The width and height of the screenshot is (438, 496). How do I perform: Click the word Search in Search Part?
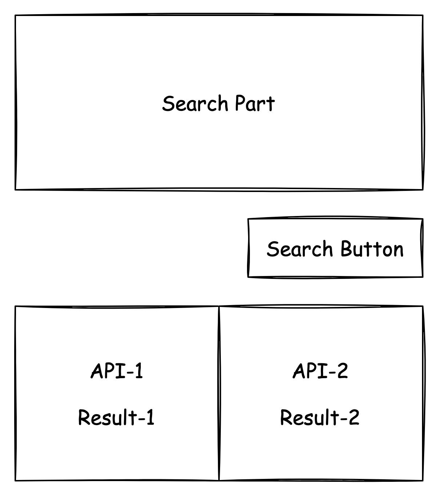[195, 104]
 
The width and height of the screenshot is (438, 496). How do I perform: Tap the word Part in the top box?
[254, 104]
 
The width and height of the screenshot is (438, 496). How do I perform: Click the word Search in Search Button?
[299, 249]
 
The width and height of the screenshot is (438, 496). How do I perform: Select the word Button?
[372, 249]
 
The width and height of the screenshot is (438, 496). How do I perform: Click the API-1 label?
[116, 371]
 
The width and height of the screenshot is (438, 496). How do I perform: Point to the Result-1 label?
[116, 417]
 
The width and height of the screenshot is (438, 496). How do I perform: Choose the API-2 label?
[320, 371]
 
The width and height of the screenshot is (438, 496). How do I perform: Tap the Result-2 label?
[320, 417]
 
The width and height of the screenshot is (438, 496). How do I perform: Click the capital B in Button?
[346, 249]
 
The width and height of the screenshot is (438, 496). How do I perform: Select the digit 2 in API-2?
[342, 371]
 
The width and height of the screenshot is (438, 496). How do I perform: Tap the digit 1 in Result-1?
[150, 417]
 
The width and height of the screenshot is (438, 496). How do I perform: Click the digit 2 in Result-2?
[354, 417]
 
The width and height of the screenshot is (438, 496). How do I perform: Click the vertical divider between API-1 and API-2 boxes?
[219, 393]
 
